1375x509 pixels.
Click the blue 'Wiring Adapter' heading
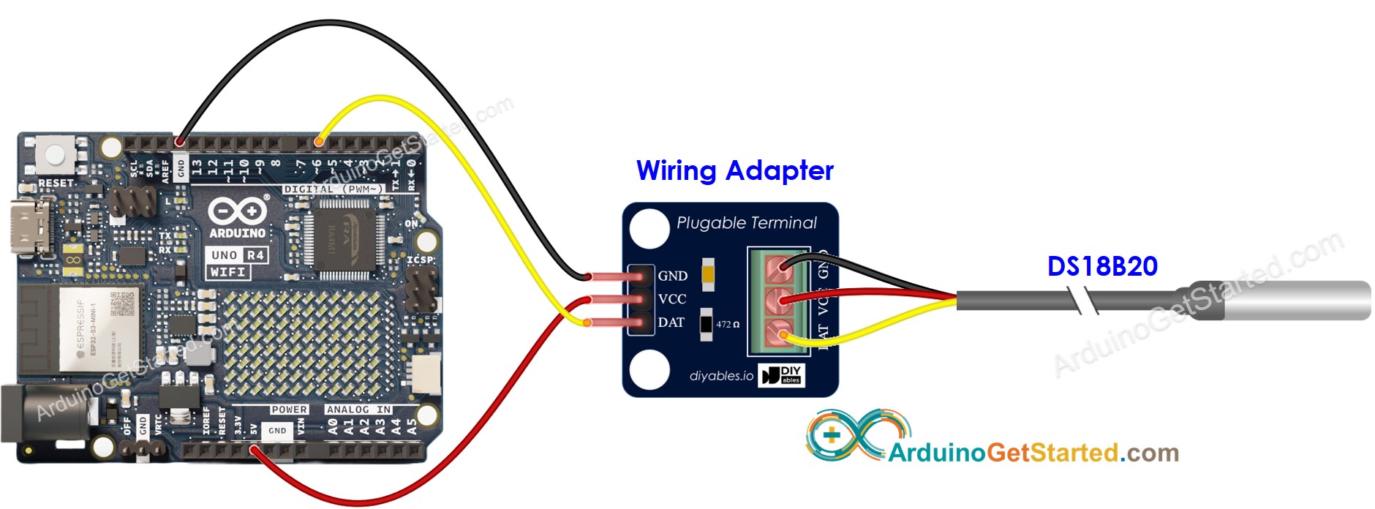tap(734, 170)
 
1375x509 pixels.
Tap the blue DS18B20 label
tap(1102, 266)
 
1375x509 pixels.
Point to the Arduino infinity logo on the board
tap(237, 212)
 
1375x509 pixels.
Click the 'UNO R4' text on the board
tap(237, 255)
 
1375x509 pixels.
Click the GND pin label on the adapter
tap(672, 276)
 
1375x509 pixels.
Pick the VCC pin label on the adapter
tap(672, 299)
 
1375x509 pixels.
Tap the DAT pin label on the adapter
tap(671, 323)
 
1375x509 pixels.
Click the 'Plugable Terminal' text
tap(746, 223)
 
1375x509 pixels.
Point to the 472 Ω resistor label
tap(727, 324)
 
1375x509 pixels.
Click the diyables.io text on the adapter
tap(721, 376)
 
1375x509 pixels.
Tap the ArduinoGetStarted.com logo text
tap(1033, 453)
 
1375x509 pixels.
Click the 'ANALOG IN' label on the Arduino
tap(358, 410)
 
